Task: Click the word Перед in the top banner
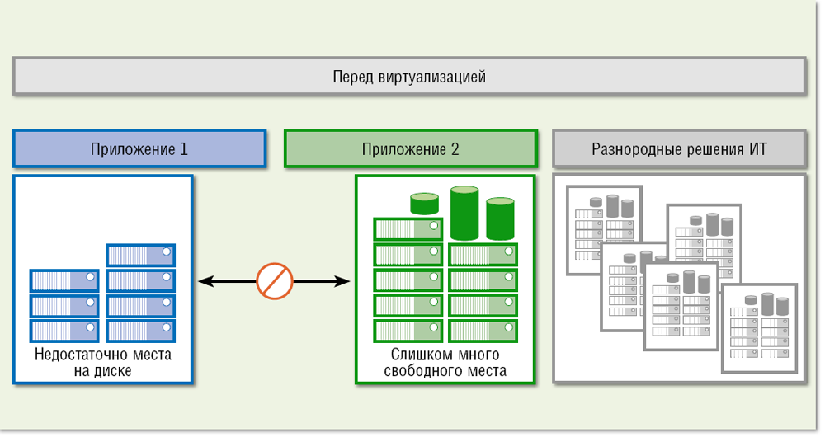pos(353,78)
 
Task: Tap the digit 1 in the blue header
pos(183,149)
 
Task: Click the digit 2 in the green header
pos(455,149)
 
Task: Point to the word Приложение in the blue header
pos(133,149)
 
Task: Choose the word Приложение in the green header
pos(403,149)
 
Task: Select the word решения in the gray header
pos(714,149)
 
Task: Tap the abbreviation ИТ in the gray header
pos(758,149)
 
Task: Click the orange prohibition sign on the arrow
pos(275,281)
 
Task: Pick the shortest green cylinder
pos(425,204)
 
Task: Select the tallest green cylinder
pos(464,213)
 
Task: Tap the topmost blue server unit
pos(140,255)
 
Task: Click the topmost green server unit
pos(409,228)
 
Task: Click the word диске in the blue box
pos(115,371)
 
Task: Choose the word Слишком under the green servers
pos(417,355)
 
